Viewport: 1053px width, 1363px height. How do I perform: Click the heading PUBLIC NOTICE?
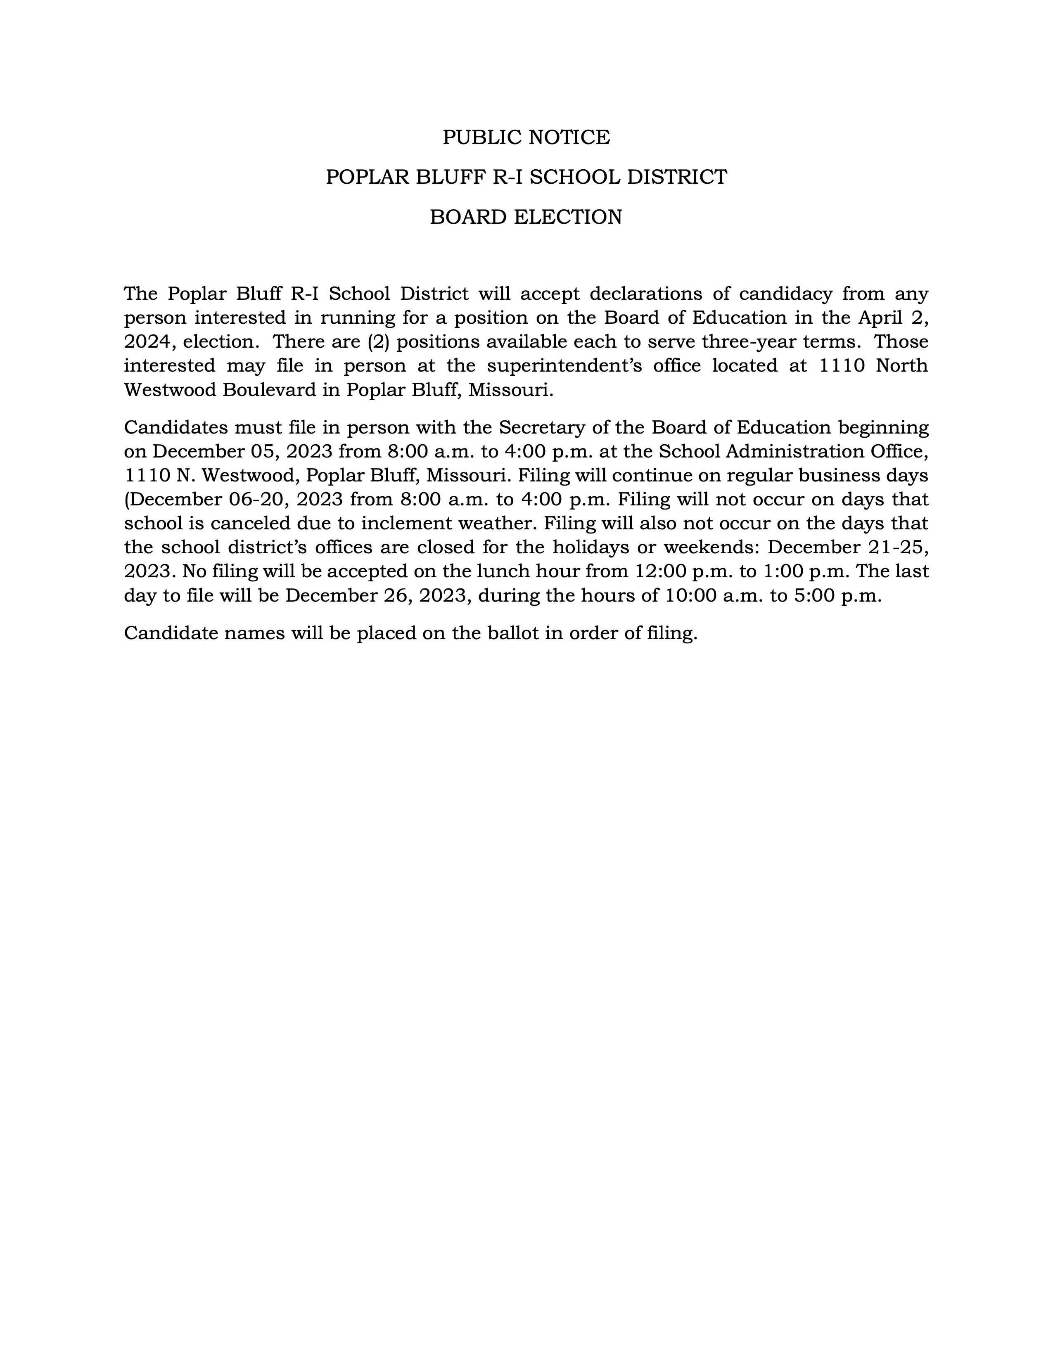526,137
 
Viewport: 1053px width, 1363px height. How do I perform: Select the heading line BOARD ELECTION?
526,217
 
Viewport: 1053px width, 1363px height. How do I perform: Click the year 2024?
147,342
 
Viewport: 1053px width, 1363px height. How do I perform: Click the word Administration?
814,451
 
